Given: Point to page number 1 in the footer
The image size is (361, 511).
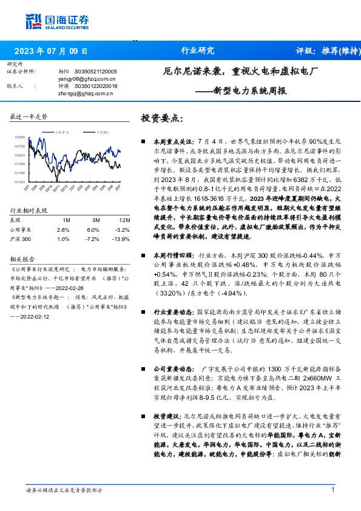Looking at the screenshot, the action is [x=333, y=490].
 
